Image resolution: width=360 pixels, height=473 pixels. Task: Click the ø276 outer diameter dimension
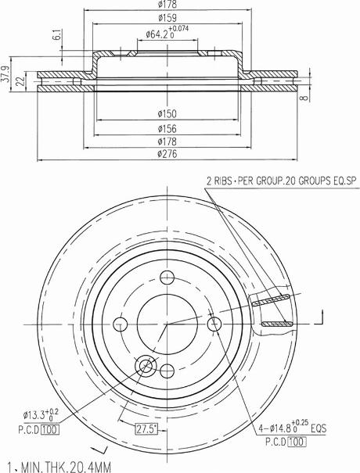click(166, 154)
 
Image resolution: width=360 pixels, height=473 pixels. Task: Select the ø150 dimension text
click(166, 114)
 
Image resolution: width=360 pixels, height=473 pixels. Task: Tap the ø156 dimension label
click(166, 127)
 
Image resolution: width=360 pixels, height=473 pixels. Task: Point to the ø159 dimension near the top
click(166, 17)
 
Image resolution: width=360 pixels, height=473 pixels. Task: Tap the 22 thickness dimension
click(21, 82)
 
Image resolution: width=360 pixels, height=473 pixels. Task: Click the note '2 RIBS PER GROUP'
click(280, 181)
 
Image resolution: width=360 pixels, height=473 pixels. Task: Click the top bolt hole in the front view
click(166, 276)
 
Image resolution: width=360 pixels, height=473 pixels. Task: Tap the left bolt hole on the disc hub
click(121, 323)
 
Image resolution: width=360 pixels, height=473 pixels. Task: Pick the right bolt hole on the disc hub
click(214, 323)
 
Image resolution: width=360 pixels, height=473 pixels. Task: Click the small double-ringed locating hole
click(145, 366)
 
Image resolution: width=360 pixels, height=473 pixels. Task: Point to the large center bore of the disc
click(166, 322)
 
